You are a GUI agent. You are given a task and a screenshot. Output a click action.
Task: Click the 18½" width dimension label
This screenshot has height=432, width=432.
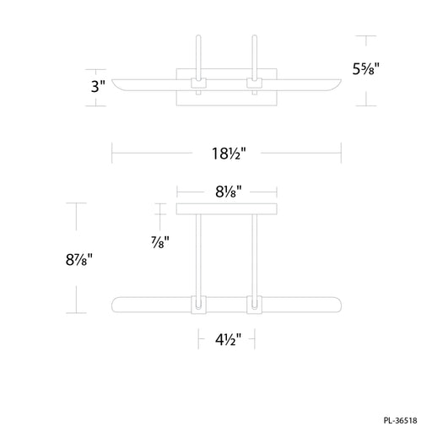pos(229,154)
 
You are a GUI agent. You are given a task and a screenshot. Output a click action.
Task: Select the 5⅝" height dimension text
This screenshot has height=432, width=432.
pos(366,69)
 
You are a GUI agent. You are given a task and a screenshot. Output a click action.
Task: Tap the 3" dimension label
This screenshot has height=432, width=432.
pos(98,86)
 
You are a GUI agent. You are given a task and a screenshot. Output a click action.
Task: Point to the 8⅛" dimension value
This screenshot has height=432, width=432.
pos(229,192)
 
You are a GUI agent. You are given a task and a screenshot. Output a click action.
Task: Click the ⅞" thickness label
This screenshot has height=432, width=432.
pos(160,242)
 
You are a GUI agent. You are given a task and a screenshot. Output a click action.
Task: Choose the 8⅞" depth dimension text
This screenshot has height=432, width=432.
pos(79,260)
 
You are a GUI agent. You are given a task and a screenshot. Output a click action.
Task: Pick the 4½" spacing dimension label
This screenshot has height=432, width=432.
pos(229,340)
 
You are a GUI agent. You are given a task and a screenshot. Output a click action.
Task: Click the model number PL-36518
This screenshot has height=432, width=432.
pos(400,421)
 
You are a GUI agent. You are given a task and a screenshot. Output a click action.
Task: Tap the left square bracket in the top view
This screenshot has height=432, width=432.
pos(198,83)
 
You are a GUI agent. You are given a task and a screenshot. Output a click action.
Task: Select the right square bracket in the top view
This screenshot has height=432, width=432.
pos(254,83)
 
